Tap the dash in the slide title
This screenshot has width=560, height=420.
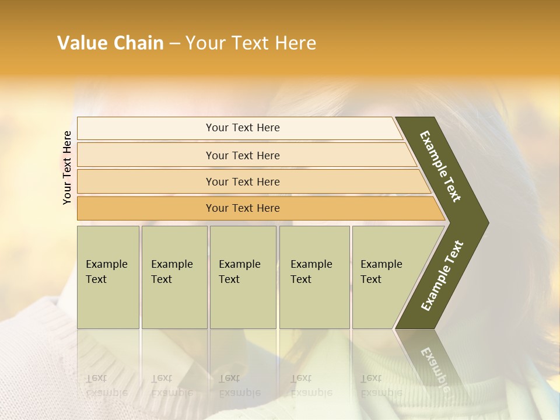(174, 44)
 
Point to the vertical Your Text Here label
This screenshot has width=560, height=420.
(67, 167)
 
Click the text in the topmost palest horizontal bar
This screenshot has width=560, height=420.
(243, 128)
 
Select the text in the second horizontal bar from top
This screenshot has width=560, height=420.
(243, 155)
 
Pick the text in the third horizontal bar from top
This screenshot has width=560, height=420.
(243, 181)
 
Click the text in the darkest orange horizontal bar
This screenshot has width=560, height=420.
(243, 208)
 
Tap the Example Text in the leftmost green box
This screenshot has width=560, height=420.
(106, 272)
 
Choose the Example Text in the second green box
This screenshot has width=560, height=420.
(171, 272)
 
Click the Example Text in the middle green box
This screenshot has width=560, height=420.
(239, 272)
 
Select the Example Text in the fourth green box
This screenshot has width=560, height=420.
(311, 272)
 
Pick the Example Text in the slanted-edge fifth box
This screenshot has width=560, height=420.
(381, 272)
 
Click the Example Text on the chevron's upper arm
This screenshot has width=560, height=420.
(441, 166)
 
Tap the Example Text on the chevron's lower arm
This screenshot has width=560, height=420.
(442, 276)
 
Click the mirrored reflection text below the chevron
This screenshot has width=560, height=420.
(435, 371)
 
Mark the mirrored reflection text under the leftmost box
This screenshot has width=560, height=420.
(106, 386)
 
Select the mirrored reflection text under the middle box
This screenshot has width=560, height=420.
(239, 386)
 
